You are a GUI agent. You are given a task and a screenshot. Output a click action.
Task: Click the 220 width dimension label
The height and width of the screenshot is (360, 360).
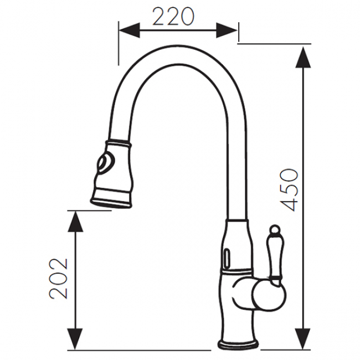(x=173, y=17)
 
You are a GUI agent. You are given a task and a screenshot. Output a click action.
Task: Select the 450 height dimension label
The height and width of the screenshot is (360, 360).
(x=289, y=190)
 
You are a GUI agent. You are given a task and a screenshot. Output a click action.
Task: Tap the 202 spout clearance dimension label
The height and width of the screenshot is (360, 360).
(x=59, y=279)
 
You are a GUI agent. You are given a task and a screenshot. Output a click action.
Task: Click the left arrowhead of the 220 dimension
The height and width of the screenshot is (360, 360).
(x=129, y=30)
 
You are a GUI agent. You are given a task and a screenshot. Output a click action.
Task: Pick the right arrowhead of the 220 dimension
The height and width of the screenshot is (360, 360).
(x=227, y=30)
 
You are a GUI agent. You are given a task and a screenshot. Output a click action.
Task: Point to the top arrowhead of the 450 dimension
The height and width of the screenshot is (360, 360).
(x=304, y=57)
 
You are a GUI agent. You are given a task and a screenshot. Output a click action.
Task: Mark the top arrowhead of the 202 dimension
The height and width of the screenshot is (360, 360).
(x=75, y=221)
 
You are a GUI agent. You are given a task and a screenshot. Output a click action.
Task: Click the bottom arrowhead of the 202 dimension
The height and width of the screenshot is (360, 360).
(x=75, y=340)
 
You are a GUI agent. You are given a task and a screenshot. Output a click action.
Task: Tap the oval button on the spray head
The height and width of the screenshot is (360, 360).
(x=105, y=163)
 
